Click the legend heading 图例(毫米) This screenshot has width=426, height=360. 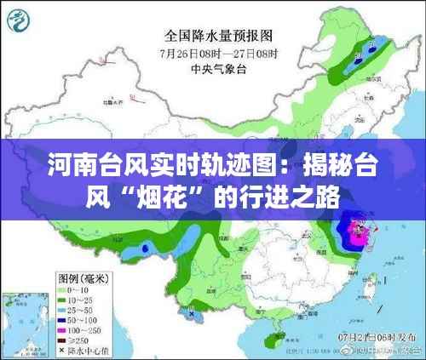click(x=83, y=277)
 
